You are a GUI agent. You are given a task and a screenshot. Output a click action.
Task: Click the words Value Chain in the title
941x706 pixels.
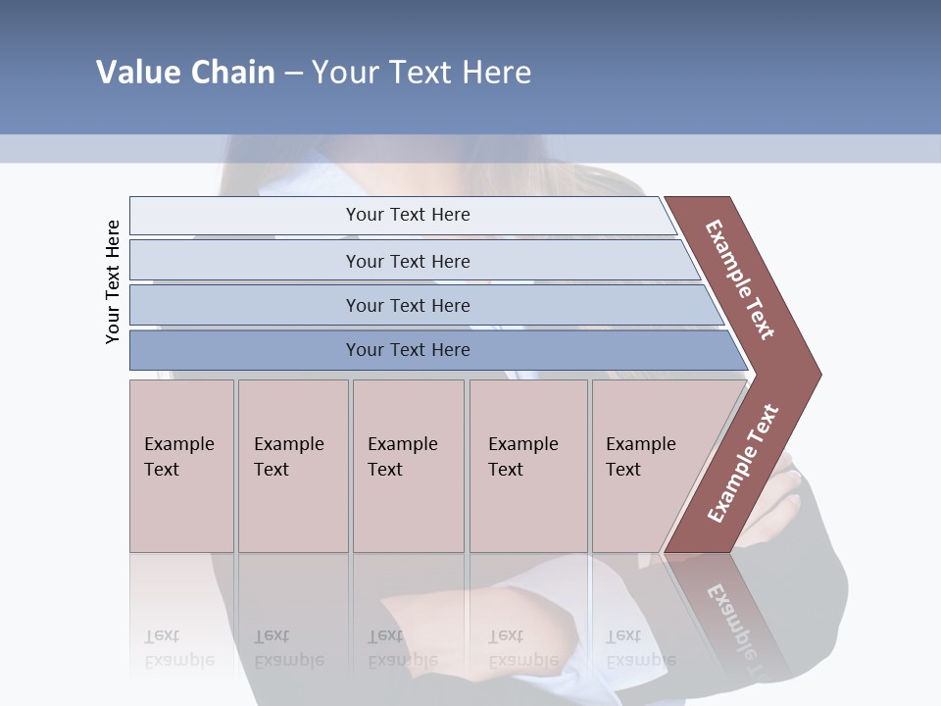(x=185, y=73)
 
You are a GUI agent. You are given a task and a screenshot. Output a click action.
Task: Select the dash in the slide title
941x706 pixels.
(x=293, y=74)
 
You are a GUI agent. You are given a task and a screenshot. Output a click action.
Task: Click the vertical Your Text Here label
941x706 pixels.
(x=113, y=281)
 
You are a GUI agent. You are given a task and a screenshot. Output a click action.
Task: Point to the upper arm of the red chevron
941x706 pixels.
(x=740, y=279)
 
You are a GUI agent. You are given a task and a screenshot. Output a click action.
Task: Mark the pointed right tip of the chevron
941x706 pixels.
(x=817, y=375)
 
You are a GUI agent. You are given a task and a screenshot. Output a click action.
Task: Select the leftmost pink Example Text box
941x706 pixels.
(x=181, y=466)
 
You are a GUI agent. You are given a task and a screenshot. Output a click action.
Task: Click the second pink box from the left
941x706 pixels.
(x=292, y=466)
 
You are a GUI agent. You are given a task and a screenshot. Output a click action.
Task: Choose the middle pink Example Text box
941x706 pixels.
(x=408, y=466)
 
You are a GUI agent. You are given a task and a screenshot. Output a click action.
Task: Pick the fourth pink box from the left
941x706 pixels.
(x=527, y=466)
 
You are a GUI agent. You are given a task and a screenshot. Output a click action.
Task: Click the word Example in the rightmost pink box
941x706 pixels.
(x=641, y=444)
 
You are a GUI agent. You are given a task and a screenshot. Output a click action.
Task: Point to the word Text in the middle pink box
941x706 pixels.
(x=385, y=470)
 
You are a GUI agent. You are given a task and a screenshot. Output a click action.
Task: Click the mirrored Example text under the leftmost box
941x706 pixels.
(x=178, y=660)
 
